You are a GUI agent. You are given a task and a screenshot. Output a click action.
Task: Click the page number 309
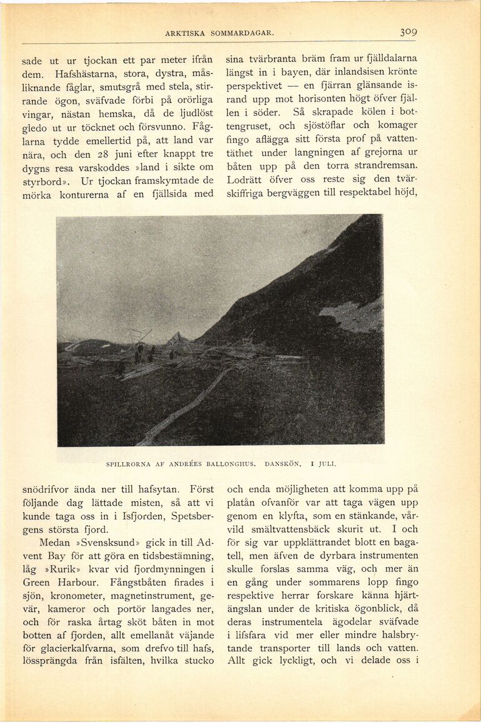pos(409,32)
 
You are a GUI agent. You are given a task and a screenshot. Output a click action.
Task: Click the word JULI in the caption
pos(327,464)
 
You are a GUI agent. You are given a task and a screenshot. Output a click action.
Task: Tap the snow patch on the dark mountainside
pos(353,317)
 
